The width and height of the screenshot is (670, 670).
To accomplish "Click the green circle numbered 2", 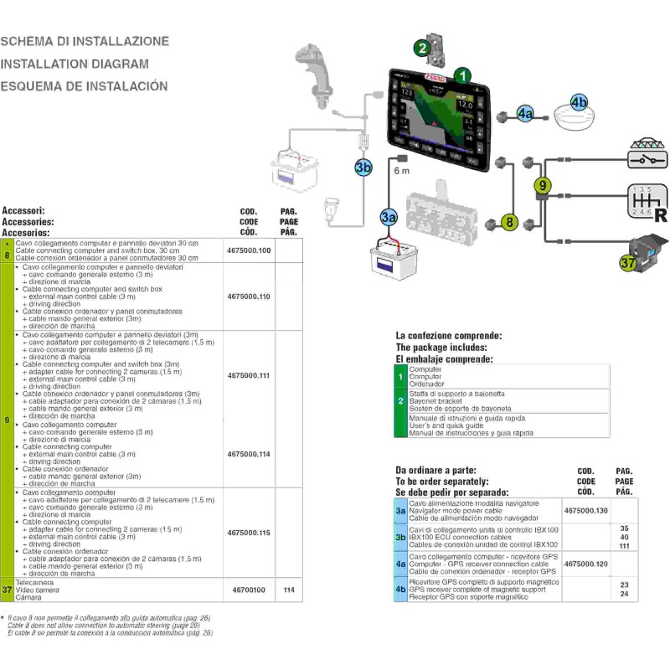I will point(424,48).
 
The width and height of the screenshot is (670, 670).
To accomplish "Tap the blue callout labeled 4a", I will point(525,115).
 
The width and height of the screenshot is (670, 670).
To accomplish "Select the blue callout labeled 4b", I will point(580,103).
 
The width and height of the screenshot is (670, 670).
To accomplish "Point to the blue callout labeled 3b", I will point(363,167).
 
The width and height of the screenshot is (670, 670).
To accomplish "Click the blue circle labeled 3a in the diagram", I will point(388,217).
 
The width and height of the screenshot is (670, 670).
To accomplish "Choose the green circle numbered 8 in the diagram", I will point(508,222).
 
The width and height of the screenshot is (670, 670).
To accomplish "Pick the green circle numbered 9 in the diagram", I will point(543,183).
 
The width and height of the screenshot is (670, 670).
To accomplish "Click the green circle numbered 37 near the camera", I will point(628,262).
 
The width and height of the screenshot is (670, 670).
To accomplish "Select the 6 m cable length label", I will point(401,172).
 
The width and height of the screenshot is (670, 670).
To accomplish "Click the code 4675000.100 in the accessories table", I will point(249,250).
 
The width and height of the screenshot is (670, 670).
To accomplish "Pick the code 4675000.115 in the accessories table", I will point(249,533).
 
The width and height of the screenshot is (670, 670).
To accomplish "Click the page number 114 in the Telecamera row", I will point(289,590).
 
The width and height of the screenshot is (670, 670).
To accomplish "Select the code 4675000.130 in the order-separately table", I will point(586,510).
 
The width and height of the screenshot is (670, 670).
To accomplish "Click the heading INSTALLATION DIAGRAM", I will point(75,64).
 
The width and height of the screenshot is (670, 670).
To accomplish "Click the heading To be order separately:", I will point(441,482).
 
